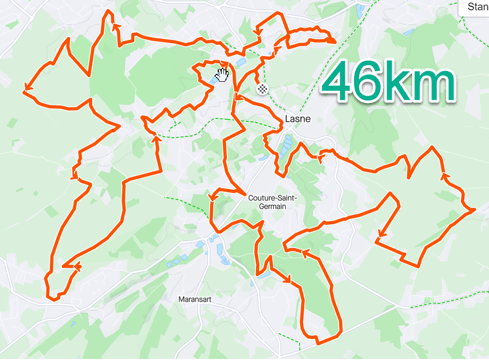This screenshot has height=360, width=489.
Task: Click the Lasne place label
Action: click(298, 119)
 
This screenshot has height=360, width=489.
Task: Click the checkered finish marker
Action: click(263, 89)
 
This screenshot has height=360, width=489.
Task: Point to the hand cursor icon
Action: click(222, 75)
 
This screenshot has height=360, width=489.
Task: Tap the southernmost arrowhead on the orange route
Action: click(288, 280)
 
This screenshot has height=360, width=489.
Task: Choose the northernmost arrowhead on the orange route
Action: click(114, 25)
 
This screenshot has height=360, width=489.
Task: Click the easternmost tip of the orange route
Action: click(474, 210)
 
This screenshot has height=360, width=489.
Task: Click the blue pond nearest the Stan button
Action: click(409, 32)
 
